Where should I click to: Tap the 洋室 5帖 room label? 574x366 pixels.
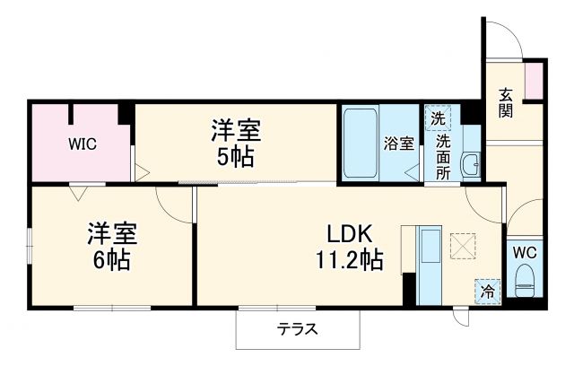(x=236, y=144)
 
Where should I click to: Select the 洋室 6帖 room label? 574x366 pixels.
(x=111, y=247)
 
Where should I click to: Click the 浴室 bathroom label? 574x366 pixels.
(x=399, y=143)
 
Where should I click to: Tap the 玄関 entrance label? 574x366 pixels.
(x=507, y=102)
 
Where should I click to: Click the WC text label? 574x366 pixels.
(x=525, y=252)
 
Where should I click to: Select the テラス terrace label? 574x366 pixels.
(x=298, y=328)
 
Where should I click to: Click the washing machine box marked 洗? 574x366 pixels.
(x=437, y=118)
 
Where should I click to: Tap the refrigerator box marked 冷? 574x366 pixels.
(x=487, y=290)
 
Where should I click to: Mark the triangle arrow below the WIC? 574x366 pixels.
(x=75, y=191)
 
